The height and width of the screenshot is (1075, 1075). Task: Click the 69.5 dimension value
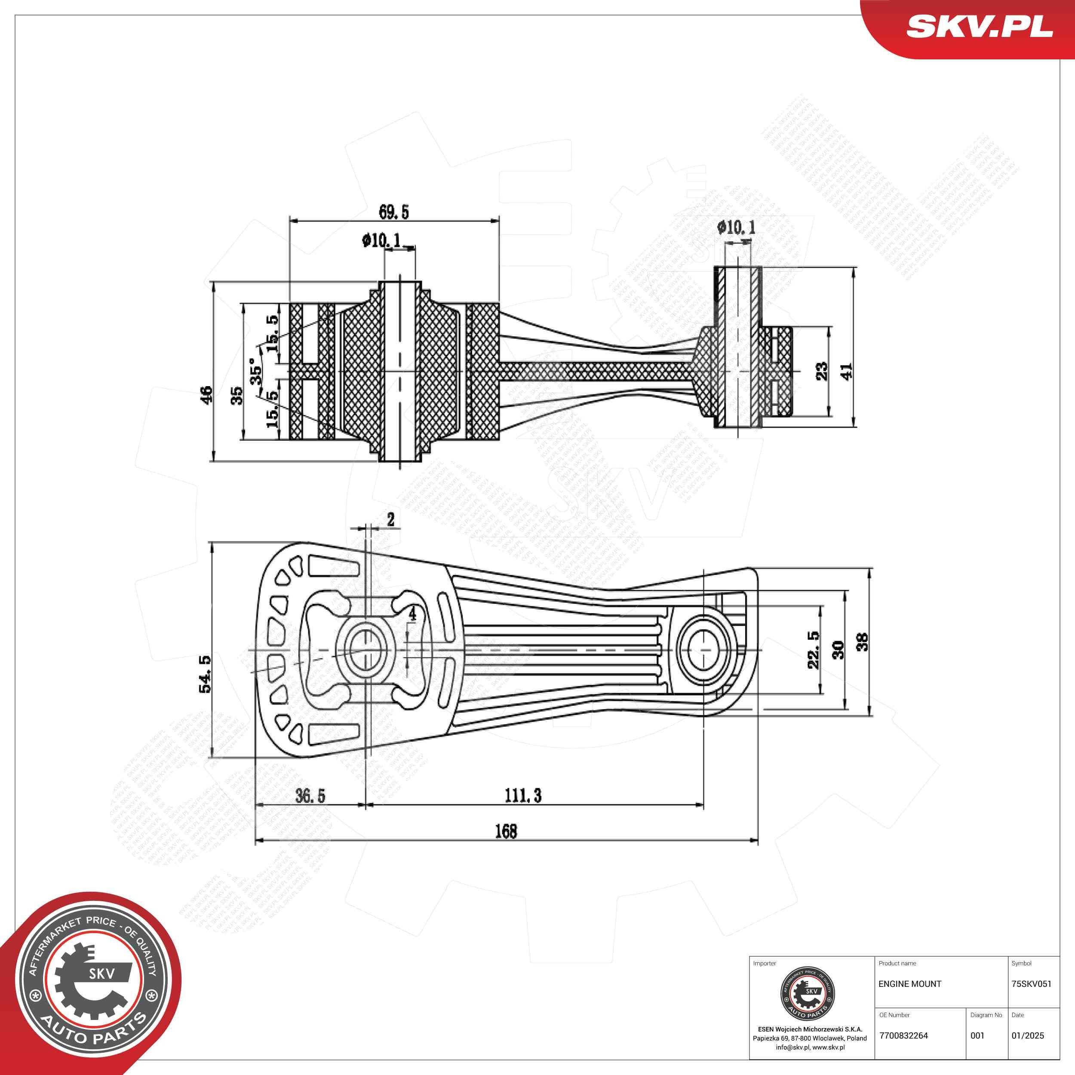pos(393,212)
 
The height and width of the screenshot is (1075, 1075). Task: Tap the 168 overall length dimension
pos(506,831)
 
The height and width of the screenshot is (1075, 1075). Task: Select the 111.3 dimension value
pos(522,795)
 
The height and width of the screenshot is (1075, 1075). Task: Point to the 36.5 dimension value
pos(310,795)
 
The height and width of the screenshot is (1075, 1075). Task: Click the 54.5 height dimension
pos(205,673)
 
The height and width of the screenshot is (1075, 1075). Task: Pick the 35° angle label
pos(256,371)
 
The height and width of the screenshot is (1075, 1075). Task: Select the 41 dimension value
pos(846,371)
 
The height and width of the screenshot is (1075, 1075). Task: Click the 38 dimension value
pos(862,642)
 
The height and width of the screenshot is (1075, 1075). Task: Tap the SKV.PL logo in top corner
pos(979,27)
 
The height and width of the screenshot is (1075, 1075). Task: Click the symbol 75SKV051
pos(1031,984)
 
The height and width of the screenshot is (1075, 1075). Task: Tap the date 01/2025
pos(1027,1035)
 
